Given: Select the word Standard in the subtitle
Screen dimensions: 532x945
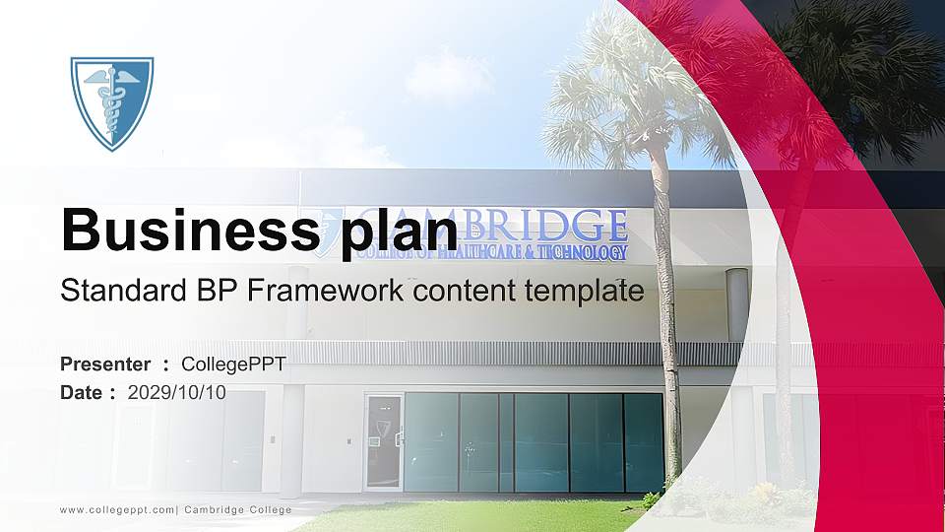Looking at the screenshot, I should coord(116,291).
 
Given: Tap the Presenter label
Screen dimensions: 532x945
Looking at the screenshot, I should coord(105,365).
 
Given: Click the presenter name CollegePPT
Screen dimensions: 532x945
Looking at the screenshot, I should coord(233,365).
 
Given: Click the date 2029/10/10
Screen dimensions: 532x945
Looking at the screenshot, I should coord(176,392).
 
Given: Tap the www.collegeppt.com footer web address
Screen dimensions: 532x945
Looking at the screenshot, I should coord(117,509).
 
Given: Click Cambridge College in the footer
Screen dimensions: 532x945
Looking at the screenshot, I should coord(237,509).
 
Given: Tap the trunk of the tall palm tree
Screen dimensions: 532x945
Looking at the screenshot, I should coord(669,325).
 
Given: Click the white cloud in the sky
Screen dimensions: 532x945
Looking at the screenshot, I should coord(448,74).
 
